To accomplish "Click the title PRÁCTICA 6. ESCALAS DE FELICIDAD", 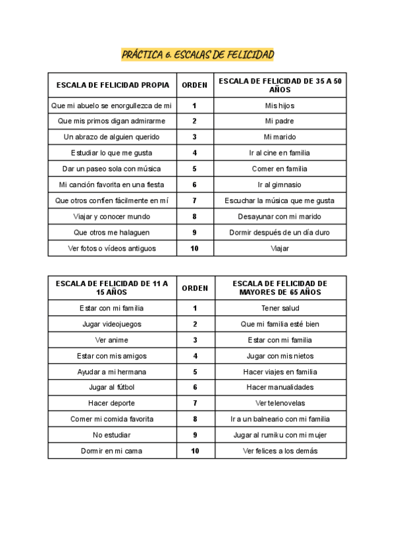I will point(197,54).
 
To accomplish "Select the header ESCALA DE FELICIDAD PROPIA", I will point(113,85).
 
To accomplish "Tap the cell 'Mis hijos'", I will point(280,105).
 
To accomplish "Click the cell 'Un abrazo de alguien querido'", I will point(112,137).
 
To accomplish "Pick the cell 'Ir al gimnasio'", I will point(280,185).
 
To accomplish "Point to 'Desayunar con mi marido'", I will point(280,216).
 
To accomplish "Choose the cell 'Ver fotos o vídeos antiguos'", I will point(112,249).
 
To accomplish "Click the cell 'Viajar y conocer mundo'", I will point(112,216).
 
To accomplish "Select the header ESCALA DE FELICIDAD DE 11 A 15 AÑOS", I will point(113,287).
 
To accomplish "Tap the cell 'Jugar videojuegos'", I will point(112,324).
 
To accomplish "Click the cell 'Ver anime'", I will point(112,340).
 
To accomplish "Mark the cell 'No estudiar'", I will point(112,435).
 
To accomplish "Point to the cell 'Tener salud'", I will point(280,308).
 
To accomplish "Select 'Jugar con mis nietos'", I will point(280,356).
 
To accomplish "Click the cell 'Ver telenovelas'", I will point(280,403).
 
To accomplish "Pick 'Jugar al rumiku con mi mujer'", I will point(280,435).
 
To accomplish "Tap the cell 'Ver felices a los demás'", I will point(280,451).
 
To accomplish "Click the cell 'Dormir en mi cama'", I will point(112,451).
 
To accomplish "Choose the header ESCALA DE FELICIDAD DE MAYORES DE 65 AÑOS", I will point(280,287).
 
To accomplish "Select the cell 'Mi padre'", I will point(280,121).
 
